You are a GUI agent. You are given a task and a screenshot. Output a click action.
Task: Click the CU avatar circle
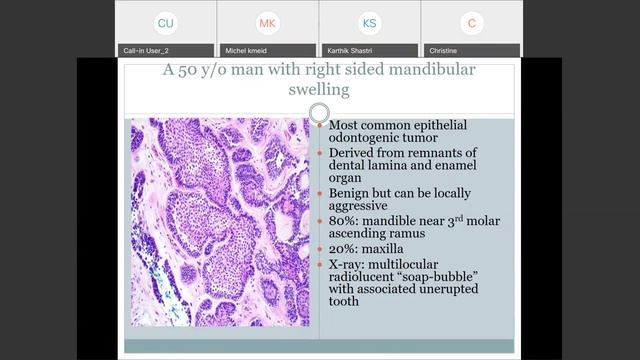pos(166,22)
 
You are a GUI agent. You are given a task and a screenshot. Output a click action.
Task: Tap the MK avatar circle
pos(268,22)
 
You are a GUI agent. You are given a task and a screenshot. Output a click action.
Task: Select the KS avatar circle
pos(370,22)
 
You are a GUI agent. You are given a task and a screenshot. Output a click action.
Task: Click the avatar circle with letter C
pos(472,22)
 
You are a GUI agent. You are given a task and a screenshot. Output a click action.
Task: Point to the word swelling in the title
pos(319,90)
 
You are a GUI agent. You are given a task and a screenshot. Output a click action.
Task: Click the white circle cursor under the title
pos(319,112)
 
